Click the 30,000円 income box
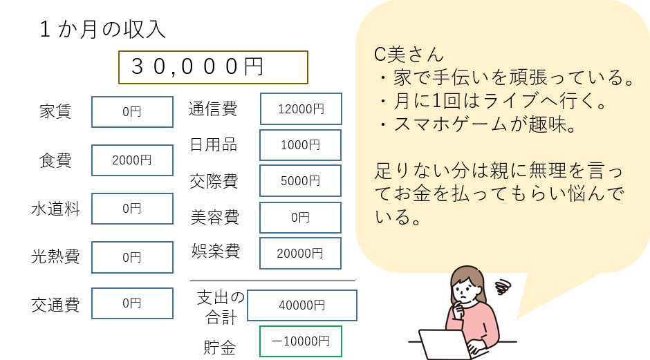(213, 67)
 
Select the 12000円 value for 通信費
(301, 109)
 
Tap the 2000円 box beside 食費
(132, 160)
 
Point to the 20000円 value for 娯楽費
(301, 253)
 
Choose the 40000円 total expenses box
(302, 305)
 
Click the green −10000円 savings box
(301, 341)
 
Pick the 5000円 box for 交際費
(301, 180)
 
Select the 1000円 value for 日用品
(301, 145)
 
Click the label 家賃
(55, 111)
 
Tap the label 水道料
(55, 209)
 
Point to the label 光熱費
(55, 257)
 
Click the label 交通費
(55, 305)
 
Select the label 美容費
(215, 217)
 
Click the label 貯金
(220, 347)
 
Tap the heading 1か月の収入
(102, 30)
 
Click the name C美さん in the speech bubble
(409, 55)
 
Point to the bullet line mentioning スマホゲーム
(477, 124)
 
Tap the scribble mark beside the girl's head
(503, 286)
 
